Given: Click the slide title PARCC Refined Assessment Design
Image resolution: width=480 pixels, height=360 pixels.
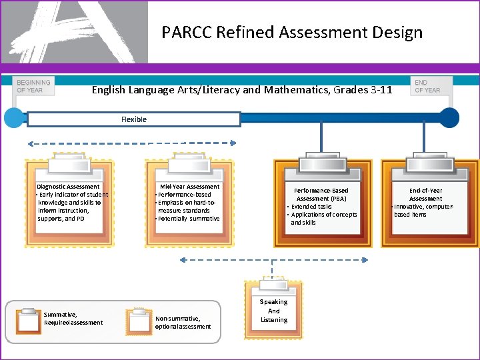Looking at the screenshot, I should point(292,32).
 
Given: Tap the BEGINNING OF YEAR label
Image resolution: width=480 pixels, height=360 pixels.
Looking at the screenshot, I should point(33,86).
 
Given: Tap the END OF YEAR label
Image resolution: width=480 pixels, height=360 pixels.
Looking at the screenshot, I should point(427,86).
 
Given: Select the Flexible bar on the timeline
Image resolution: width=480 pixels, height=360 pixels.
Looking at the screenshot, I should point(133,119).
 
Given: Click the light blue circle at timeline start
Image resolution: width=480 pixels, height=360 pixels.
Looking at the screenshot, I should point(13,118).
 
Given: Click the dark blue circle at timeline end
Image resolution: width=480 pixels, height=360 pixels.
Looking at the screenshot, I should point(449,118).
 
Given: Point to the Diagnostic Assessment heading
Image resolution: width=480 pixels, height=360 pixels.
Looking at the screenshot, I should point(68,187).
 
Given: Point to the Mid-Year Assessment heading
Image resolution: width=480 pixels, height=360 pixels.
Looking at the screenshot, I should point(189,187).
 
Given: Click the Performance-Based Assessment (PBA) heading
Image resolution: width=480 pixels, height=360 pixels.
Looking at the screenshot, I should point(322,195).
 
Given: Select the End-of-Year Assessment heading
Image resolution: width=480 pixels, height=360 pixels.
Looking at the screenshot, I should point(425,195).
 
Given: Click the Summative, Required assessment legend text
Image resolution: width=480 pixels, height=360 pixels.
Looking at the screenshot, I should point(73,319).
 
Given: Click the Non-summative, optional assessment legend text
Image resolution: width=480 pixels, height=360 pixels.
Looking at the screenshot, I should point(183,323).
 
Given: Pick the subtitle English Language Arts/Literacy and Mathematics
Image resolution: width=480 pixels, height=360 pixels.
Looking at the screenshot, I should point(241,89).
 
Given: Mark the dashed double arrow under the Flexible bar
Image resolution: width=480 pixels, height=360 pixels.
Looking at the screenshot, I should point(131,142).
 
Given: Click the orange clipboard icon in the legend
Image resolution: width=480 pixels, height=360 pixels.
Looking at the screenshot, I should point(29,320).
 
